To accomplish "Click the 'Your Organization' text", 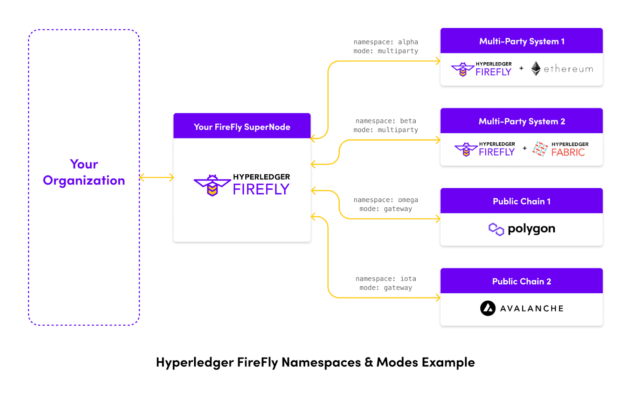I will click(x=84, y=172).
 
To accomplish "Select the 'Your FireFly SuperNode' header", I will click(x=242, y=127).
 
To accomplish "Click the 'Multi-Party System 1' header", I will click(x=521, y=41).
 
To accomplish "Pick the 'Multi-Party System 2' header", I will click(x=521, y=121).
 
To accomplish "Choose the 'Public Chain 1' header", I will click(x=521, y=201).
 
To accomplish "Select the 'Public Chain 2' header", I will click(x=521, y=281).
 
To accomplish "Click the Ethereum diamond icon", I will click(x=536, y=69).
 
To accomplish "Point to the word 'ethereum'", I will click(x=568, y=69).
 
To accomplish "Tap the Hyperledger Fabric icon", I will click(x=540, y=149).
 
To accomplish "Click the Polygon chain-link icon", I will click(x=496, y=229).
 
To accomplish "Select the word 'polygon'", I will click(x=531, y=229).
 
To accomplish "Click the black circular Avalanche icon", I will click(x=488, y=308).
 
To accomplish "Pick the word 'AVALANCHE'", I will click(x=532, y=308).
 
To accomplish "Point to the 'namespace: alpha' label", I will click(x=386, y=42).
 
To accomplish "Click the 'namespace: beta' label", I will click(x=386, y=121).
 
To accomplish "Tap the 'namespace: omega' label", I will click(x=386, y=200).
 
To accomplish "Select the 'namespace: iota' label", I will click(x=386, y=279).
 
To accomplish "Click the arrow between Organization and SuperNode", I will click(x=157, y=178).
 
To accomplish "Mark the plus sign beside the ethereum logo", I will click(x=521, y=68).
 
